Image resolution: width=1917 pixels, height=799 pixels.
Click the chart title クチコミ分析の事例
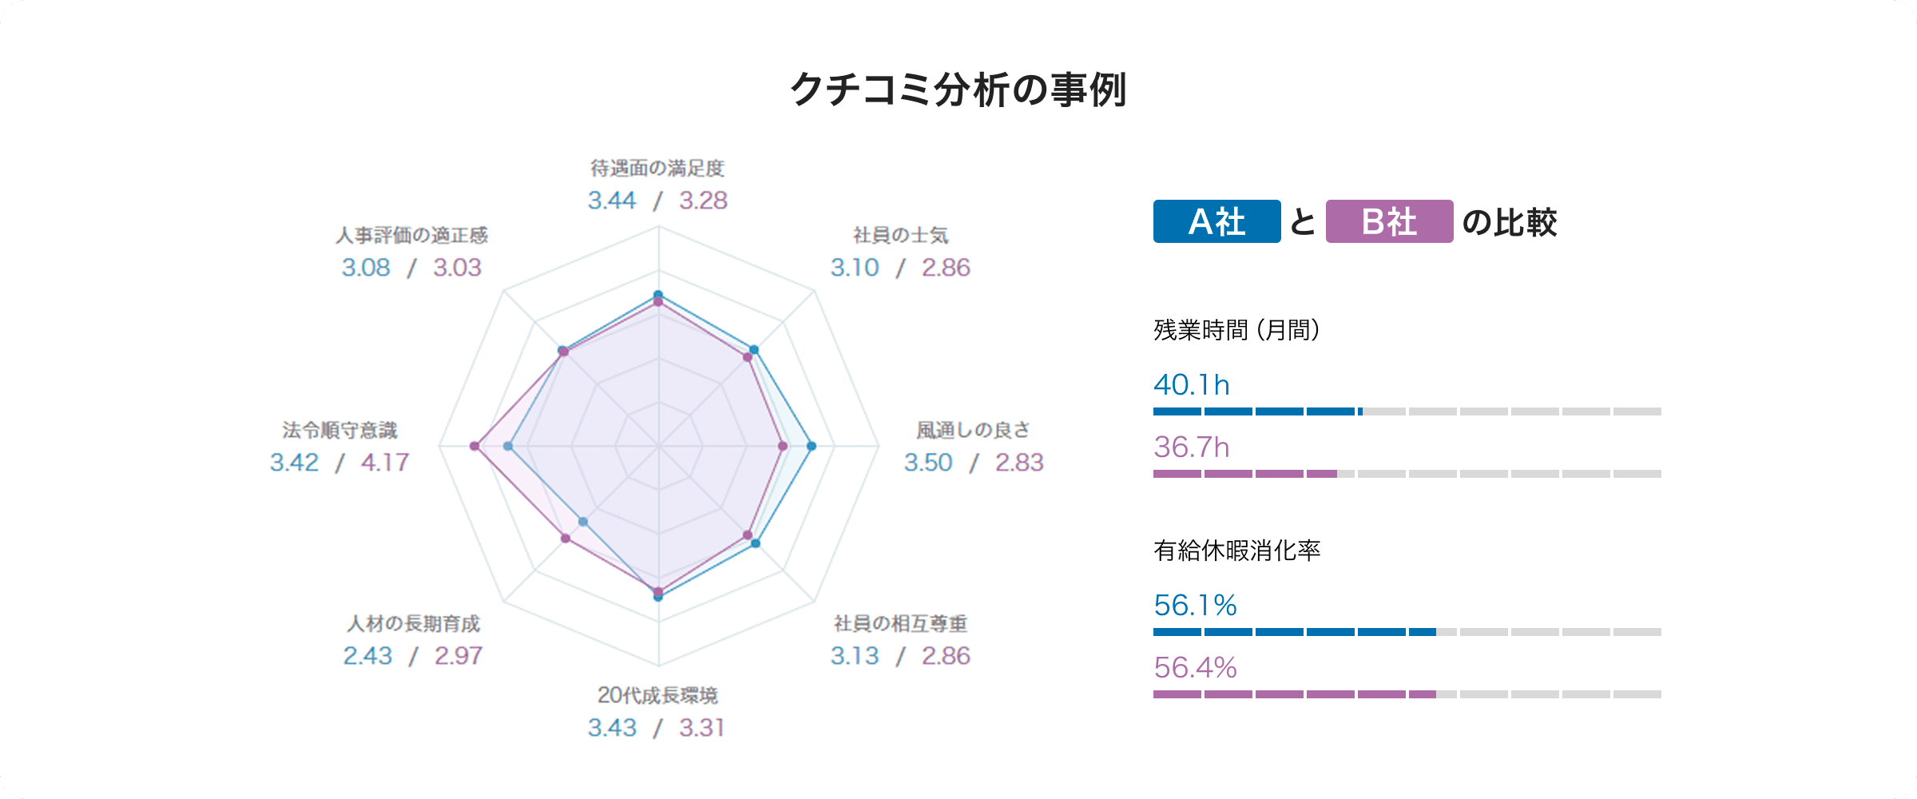point(958,89)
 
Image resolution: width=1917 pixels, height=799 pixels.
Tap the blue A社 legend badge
point(1216,221)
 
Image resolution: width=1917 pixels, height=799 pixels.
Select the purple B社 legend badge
point(1389,221)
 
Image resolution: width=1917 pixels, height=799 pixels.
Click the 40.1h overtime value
point(1191,385)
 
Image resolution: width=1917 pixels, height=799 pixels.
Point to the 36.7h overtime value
point(1191,447)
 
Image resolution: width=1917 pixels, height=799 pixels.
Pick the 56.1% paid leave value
point(1195,606)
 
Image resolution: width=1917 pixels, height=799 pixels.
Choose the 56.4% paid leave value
point(1195,668)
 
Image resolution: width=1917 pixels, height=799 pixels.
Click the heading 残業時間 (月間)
point(1236,329)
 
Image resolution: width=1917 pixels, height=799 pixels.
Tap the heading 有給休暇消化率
point(1236,551)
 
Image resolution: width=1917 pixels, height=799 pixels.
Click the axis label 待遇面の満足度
point(657,169)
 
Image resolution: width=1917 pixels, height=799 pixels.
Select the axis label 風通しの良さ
point(973,431)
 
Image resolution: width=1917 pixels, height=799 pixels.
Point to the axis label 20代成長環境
point(657,696)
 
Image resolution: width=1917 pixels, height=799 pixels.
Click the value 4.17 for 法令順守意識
point(385,463)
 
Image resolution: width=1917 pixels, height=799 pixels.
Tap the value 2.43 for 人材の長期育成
point(367,656)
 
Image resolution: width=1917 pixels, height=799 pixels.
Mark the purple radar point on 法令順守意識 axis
point(474,446)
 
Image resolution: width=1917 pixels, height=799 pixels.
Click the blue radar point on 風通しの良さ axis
point(812,446)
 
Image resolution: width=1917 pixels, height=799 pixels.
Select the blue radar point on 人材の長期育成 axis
point(583,522)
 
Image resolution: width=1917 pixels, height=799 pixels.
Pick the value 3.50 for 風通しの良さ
point(928,463)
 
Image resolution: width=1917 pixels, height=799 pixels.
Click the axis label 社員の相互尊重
point(900,624)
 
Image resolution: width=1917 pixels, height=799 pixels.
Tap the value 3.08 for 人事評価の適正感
point(366,268)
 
